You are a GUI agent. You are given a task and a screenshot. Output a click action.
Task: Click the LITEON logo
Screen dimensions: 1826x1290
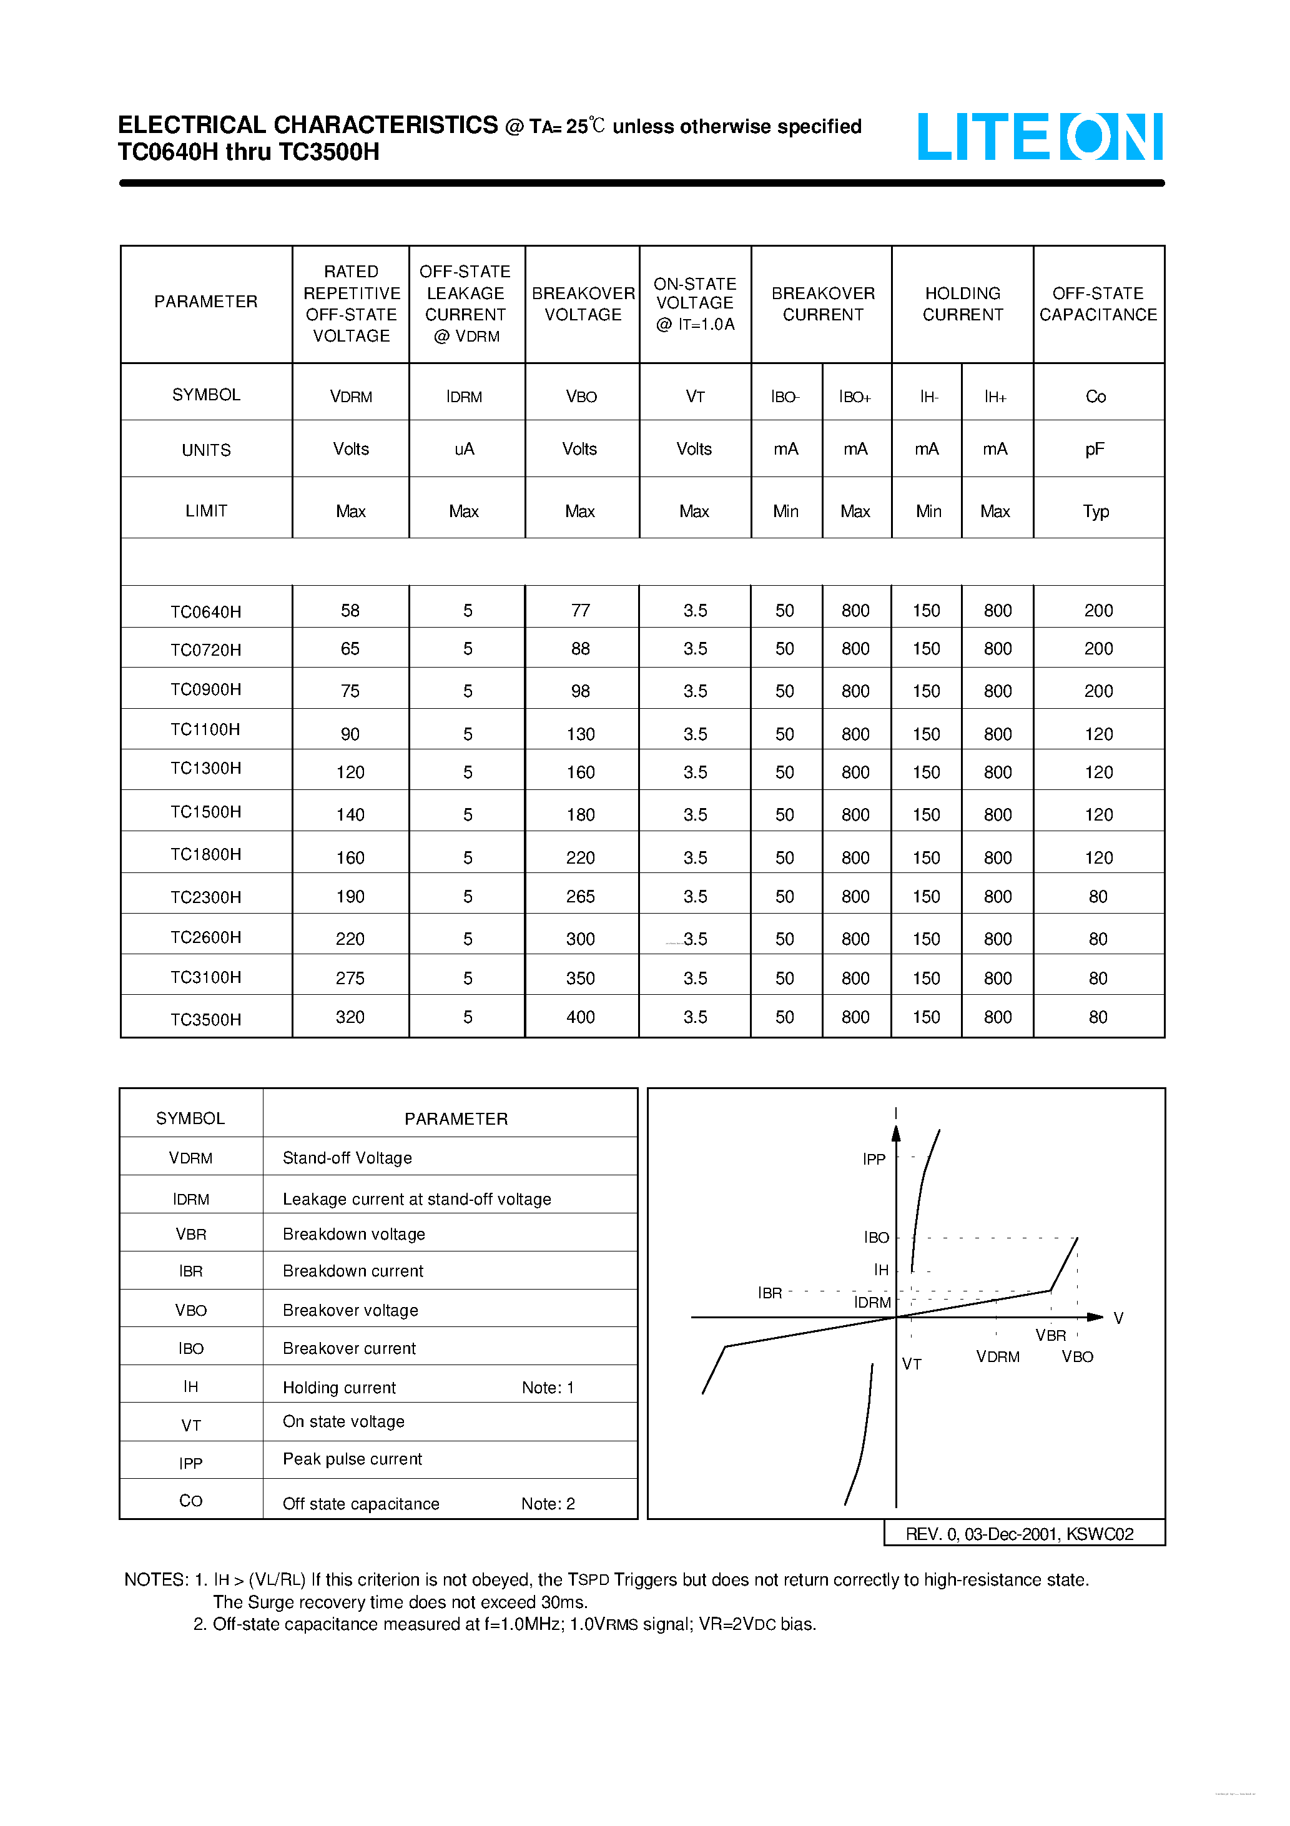coord(1040,136)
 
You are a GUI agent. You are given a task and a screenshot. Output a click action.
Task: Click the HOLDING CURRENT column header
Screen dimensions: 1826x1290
coord(962,304)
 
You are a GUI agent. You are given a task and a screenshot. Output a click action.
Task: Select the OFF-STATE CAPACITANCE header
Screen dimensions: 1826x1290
coord(1098,304)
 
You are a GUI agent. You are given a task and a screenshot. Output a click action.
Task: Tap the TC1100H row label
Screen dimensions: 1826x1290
coord(205,729)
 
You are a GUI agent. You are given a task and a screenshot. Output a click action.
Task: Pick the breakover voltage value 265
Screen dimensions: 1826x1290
coord(580,896)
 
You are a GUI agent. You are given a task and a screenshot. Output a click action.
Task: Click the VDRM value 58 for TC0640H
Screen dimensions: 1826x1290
coord(350,611)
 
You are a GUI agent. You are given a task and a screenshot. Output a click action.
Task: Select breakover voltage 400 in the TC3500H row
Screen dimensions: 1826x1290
coord(580,1017)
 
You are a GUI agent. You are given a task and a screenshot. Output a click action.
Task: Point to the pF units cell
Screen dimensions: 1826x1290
coord(1095,450)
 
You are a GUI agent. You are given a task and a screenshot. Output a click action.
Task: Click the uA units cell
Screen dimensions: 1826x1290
coord(465,450)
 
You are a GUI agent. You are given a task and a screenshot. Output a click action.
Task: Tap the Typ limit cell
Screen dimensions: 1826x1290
coord(1095,511)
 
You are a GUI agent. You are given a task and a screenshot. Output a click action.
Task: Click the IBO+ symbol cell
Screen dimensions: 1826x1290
coord(855,397)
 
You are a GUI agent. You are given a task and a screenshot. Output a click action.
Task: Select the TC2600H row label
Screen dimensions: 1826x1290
coord(205,937)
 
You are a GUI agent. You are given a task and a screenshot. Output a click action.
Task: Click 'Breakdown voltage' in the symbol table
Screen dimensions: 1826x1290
coord(354,1235)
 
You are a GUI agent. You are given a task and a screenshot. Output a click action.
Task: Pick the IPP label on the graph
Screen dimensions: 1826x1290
coord(874,1160)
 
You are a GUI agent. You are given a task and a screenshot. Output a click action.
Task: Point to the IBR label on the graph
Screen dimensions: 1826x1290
coord(769,1293)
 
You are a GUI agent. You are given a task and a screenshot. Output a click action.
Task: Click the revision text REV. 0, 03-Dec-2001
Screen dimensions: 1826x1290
coord(1020,1534)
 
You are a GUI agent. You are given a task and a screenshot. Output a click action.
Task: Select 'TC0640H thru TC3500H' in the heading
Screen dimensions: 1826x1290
coord(248,152)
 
